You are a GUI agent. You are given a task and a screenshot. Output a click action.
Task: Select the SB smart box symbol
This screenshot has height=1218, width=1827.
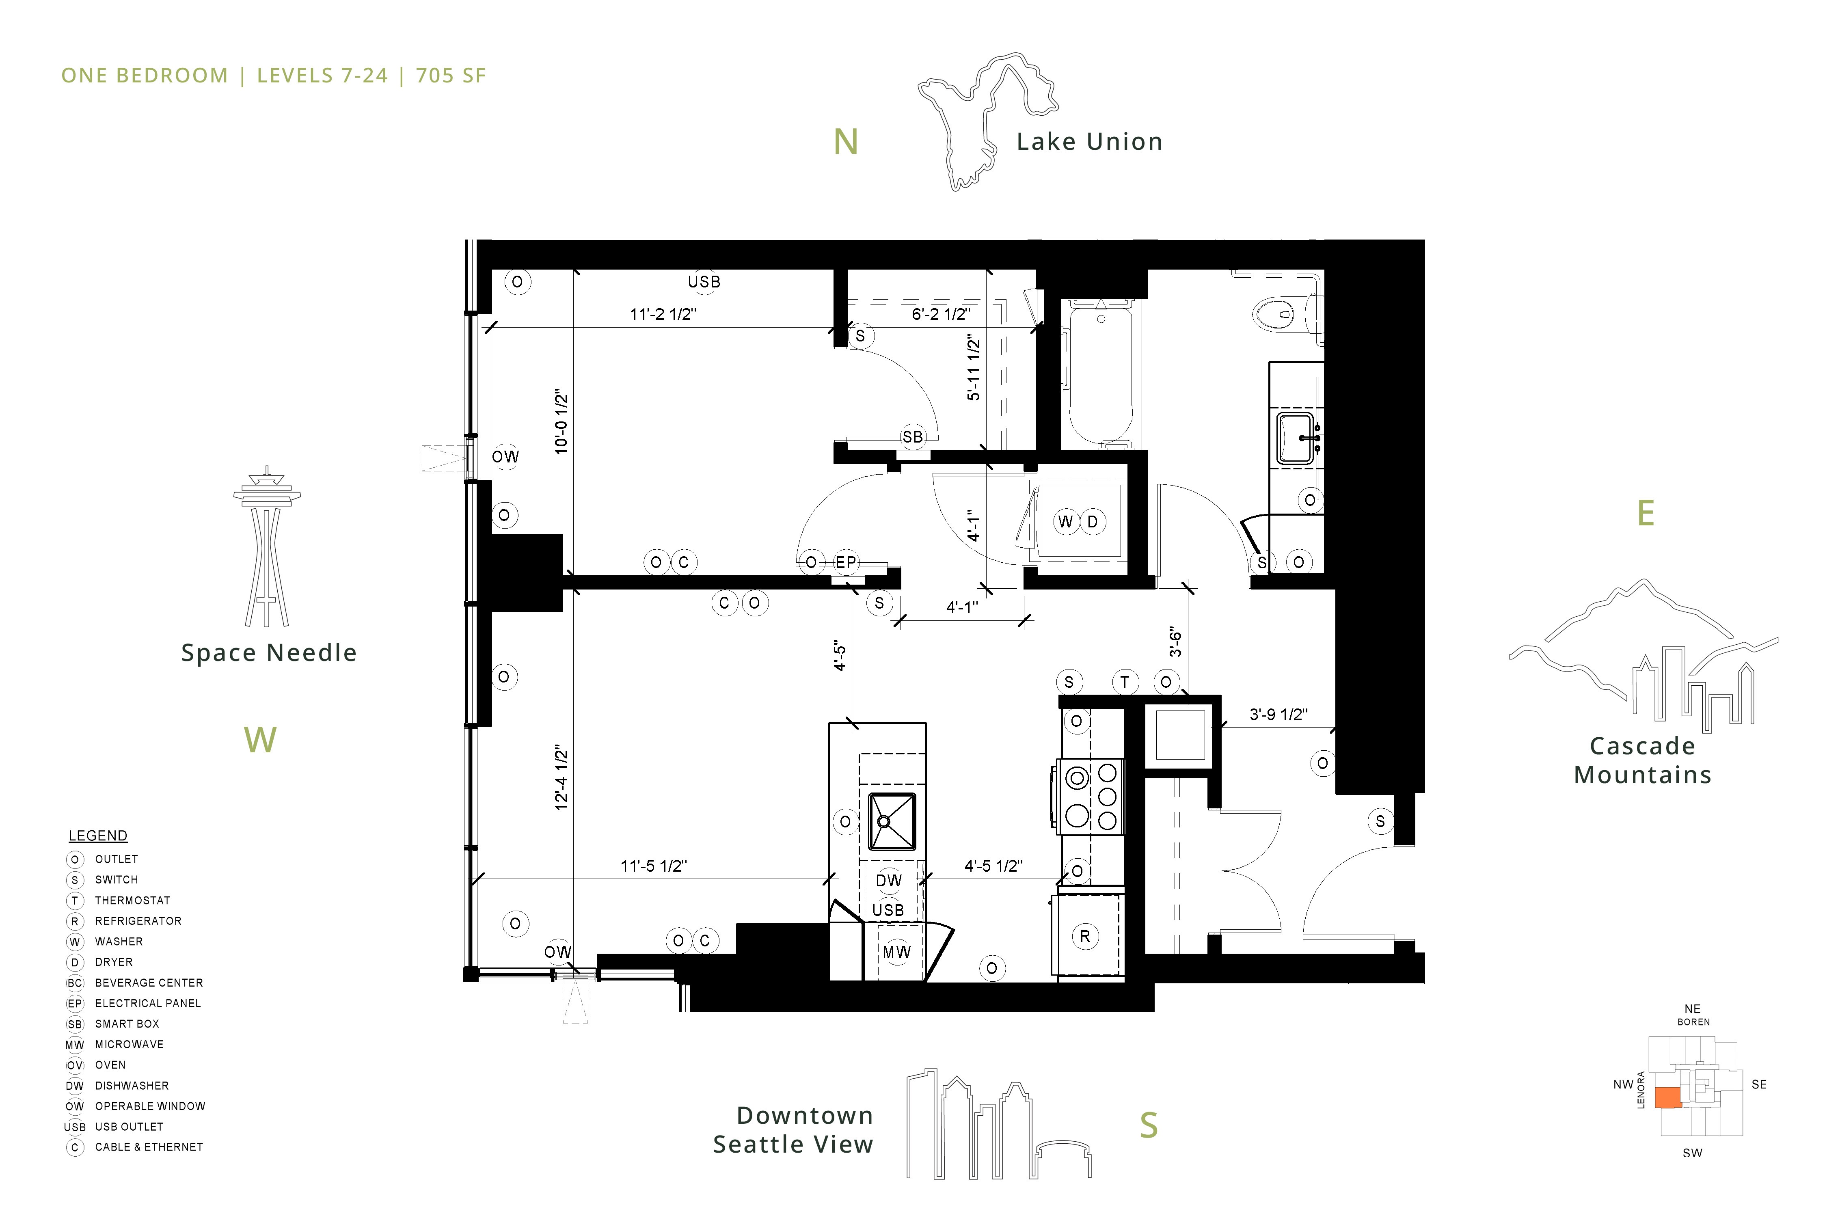click(x=913, y=436)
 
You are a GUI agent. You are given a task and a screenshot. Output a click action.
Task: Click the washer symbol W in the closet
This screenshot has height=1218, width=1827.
click(x=1066, y=521)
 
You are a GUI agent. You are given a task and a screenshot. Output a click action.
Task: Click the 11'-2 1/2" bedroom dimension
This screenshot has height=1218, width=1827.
click(x=663, y=314)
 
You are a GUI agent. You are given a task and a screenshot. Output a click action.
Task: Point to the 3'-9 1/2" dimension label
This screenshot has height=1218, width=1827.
click(x=1278, y=714)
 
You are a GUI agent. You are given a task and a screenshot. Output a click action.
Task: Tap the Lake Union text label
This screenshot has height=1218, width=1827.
click(x=1089, y=141)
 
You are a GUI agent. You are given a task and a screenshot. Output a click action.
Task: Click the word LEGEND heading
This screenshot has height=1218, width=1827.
click(x=98, y=836)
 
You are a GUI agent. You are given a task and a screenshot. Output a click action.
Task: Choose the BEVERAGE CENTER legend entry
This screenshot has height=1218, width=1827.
click(x=148, y=983)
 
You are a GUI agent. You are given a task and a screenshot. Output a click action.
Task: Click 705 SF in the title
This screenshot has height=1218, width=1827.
click(x=451, y=76)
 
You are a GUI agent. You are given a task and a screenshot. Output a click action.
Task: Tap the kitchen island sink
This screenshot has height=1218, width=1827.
click(x=891, y=821)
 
